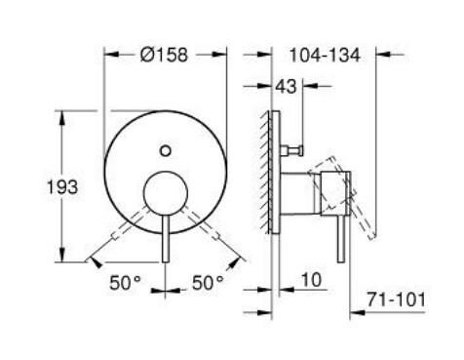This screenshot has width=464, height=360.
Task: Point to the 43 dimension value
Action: pos(287,87)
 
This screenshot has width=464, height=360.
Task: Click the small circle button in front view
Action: pos(166,149)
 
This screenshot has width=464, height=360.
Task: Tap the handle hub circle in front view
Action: pos(166,192)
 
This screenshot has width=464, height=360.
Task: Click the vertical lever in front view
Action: pos(166,239)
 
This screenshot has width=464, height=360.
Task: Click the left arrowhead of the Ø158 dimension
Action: pos(108,55)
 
